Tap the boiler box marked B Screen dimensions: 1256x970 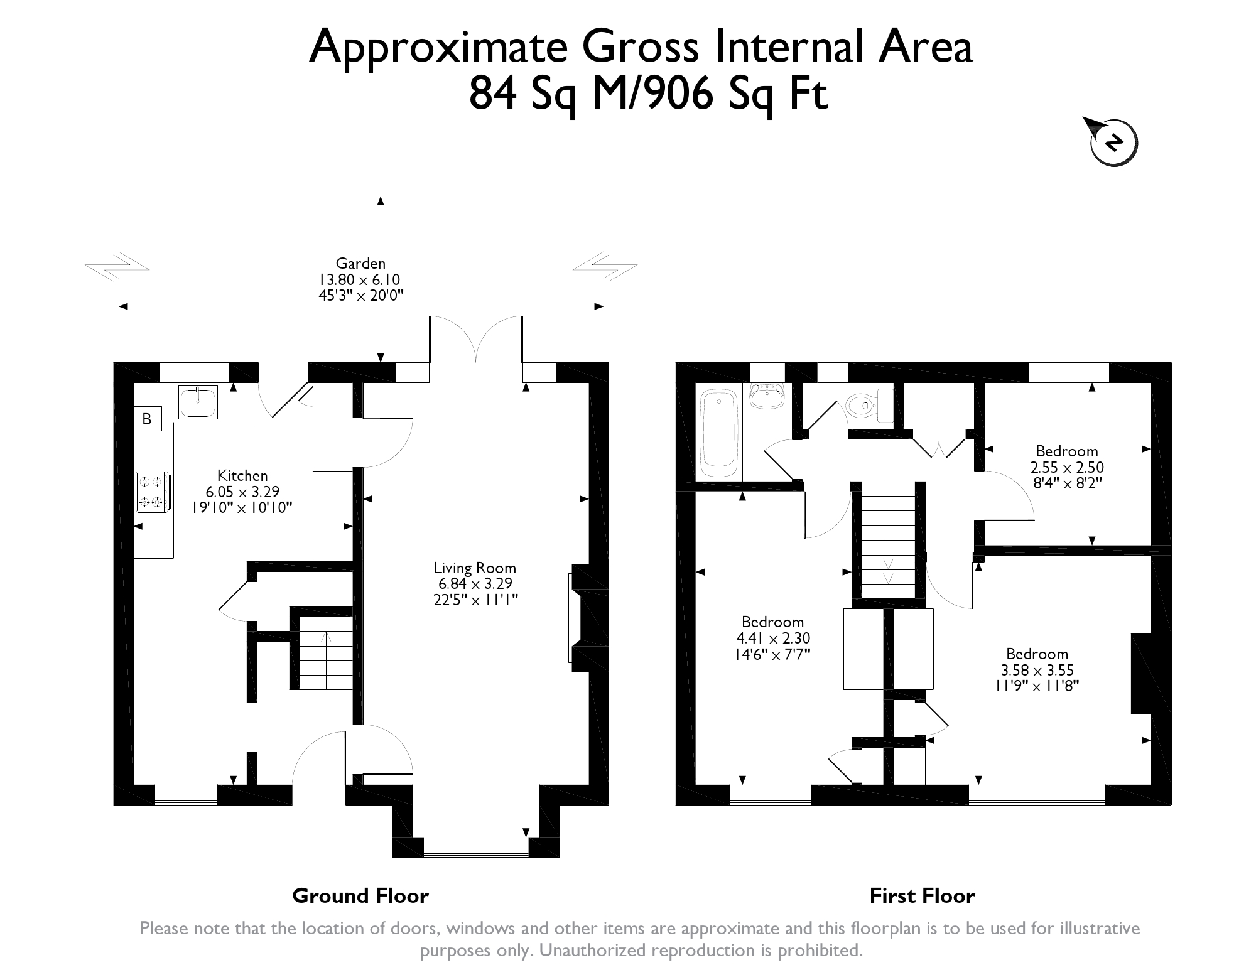(148, 419)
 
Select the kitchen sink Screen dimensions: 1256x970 (198, 402)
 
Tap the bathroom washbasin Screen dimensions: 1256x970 (767, 396)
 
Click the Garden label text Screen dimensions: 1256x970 (360, 264)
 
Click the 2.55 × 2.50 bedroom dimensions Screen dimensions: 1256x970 (1067, 468)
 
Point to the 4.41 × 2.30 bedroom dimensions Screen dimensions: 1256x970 (773, 639)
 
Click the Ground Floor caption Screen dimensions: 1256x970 (360, 895)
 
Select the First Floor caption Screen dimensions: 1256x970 (922, 895)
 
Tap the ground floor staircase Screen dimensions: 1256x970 (325, 653)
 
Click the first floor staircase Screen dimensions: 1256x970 (888, 540)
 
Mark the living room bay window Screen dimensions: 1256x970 (476, 846)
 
